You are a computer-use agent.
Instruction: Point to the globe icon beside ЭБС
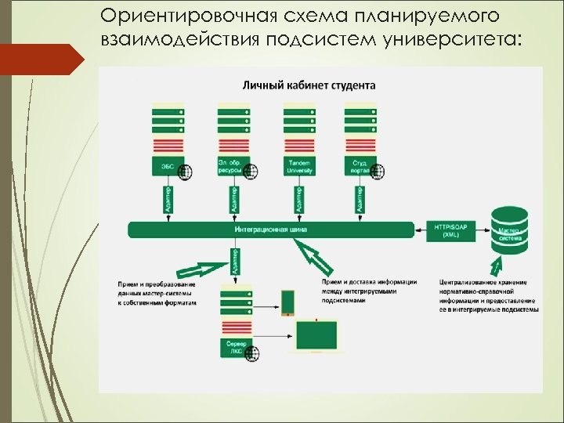[x=186, y=172]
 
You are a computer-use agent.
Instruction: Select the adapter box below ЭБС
[x=165, y=198]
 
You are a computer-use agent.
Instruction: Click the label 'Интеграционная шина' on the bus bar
[x=270, y=230]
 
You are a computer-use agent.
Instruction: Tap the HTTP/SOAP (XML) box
[x=451, y=230]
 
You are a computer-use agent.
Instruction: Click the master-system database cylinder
[x=510, y=229]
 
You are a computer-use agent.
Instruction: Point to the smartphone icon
[x=287, y=302]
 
